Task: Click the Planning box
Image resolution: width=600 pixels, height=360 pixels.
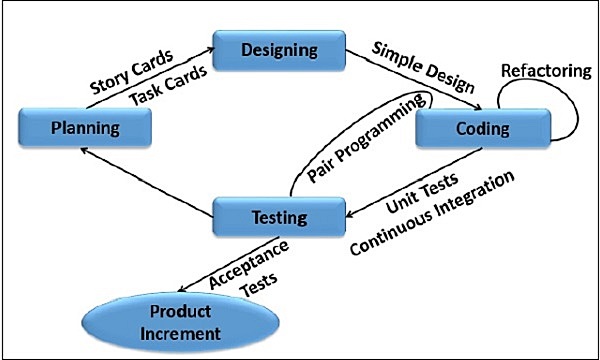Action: tap(85, 128)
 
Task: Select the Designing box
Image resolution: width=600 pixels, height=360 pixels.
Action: tap(278, 50)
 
